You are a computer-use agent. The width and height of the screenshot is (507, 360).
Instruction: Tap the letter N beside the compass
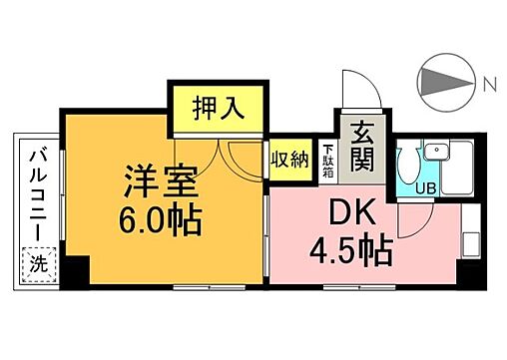(x=488, y=84)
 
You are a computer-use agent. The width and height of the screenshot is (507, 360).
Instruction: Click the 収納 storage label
(x=288, y=161)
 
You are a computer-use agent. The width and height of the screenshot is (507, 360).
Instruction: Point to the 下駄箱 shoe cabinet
(x=328, y=162)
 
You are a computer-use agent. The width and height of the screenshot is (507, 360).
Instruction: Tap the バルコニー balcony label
(x=39, y=193)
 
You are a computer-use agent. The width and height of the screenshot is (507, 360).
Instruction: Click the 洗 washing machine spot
(x=39, y=266)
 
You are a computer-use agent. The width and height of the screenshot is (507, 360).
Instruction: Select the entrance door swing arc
(x=357, y=90)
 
